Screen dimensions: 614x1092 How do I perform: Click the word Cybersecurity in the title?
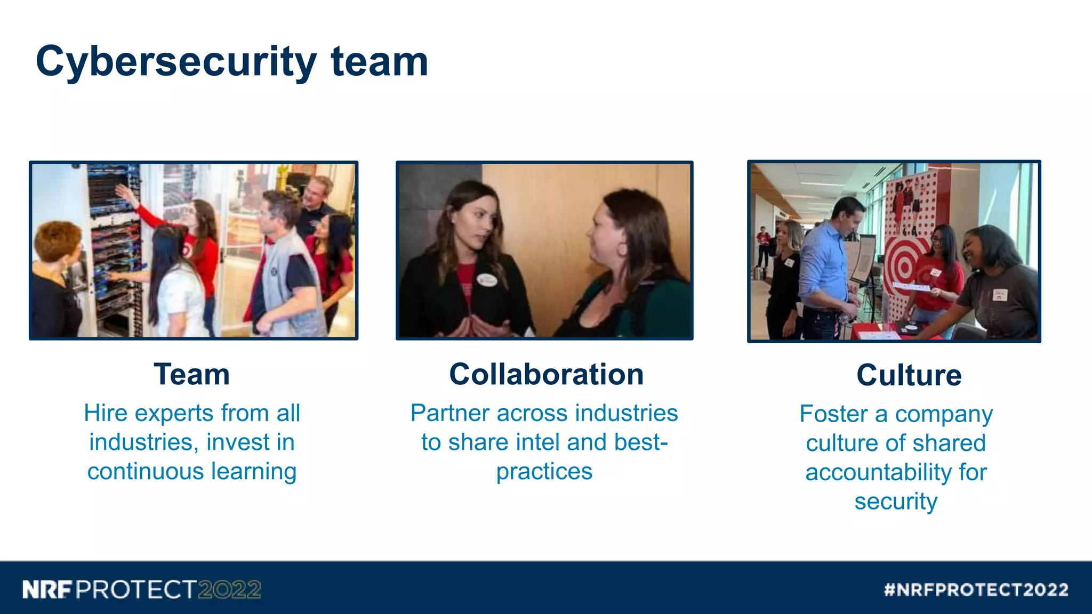pos(176,62)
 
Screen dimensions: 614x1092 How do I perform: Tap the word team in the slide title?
pos(379,61)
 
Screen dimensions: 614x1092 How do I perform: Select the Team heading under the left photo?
pos(192,374)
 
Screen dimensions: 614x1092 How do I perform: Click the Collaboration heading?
pos(546,374)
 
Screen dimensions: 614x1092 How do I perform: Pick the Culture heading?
pos(909,375)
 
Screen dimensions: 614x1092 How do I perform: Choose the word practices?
pos(544,472)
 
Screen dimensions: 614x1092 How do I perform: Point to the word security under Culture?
pos(896,502)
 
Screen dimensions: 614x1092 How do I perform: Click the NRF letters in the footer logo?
pos(47,590)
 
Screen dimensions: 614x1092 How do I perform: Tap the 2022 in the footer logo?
pos(229,590)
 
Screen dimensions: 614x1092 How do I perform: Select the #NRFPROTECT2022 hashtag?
pos(976,590)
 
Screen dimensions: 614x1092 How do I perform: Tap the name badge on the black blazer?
pos(487,280)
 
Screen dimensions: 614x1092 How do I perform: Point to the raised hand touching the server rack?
pos(124,192)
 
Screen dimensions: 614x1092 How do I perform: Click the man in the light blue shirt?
pos(826,261)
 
